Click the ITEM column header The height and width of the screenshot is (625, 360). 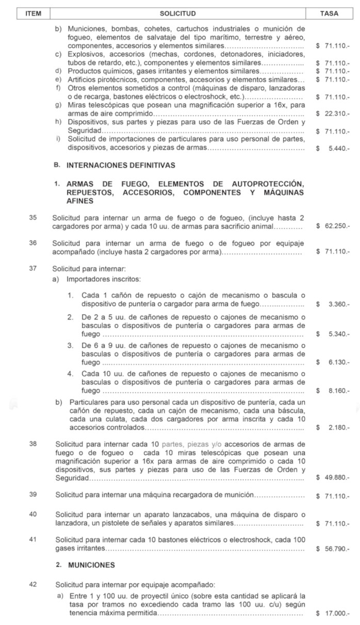tap(33, 13)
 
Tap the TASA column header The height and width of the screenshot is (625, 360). tap(329, 13)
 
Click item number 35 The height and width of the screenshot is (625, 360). tap(33, 218)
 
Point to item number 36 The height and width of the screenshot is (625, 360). tap(33, 243)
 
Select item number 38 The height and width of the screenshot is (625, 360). tap(33, 444)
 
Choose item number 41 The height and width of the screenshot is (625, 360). tap(33, 539)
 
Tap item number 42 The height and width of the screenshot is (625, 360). tap(33, 585)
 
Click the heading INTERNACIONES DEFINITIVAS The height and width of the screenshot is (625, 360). tap(121, 166)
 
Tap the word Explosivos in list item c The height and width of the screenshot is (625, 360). tap(83, 54)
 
